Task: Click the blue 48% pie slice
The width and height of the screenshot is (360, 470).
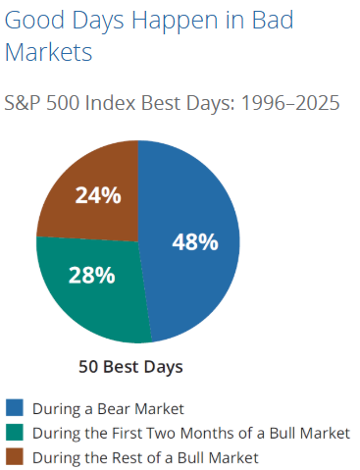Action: coord(196,265)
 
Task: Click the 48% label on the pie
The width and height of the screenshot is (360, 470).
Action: coord(195,241)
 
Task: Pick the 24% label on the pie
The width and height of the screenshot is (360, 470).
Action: coord(98,195)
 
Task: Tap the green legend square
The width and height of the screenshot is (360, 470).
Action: coord(15,433)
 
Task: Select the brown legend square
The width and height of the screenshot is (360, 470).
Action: coord(15,456)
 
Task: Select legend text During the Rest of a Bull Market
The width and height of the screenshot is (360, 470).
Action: coord(145,457)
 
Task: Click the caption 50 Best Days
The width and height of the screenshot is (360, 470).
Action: coord(130,368)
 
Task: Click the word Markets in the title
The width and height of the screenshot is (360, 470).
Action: coord(48,52)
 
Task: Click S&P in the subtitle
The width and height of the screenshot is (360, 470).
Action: coord(24,102)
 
